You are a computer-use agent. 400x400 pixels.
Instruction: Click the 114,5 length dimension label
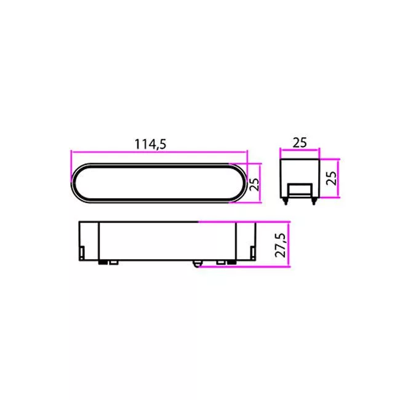click(x=151, y=144)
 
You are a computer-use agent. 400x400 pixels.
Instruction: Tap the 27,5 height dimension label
click(x=281, y=245)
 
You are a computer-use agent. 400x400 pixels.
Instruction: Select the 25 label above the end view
click(x=300, y=143)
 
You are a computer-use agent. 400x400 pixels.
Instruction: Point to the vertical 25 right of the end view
click(x=331, y=178)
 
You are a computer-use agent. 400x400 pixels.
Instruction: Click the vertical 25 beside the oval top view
click(x=254, y=184)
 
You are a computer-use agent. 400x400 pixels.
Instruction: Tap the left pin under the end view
click(x=286, y=201)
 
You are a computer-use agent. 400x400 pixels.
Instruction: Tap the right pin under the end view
click(x=314, y=201)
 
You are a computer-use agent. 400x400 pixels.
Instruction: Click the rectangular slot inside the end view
click(x=300, y=190)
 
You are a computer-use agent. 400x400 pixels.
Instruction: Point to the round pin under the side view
click(x=196, y=263)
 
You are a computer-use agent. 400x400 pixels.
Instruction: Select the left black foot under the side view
click(x=103, y=262)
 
